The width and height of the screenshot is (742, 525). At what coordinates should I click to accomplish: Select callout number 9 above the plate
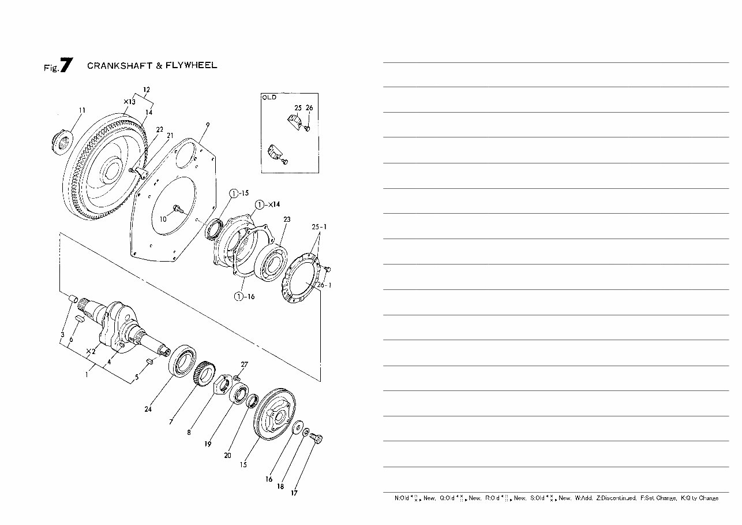point(207,125)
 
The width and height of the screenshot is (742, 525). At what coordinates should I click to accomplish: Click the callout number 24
point(148,409)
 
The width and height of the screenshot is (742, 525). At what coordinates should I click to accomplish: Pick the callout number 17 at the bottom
point(294,493)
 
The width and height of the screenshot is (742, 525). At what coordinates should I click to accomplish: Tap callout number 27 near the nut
point(245,364)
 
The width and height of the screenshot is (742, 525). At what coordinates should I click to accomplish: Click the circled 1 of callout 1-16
point(238,297)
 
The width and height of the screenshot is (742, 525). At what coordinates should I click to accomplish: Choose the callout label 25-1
point(319,227)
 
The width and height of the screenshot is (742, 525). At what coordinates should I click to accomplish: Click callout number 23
point(287,219)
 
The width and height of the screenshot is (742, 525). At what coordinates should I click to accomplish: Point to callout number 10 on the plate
point(163,219)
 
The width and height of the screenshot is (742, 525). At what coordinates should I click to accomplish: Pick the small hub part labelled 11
point(61,140)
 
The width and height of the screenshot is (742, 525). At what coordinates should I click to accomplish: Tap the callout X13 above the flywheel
point(129,102)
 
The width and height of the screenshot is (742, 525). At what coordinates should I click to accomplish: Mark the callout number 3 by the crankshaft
point(62,335)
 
